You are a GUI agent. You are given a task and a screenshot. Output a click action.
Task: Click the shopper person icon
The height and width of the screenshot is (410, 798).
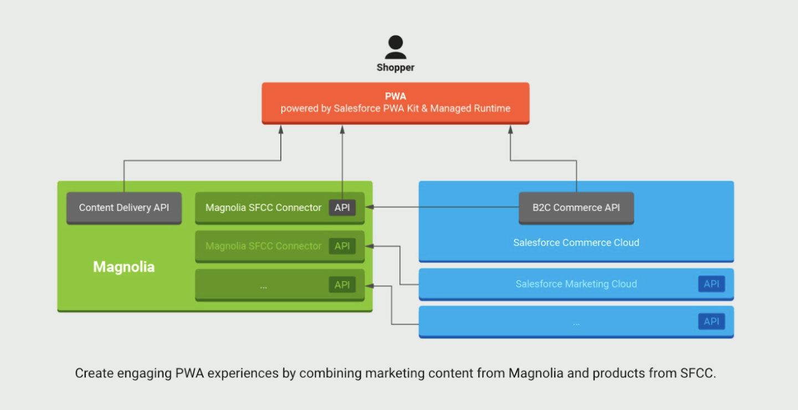[395, 47]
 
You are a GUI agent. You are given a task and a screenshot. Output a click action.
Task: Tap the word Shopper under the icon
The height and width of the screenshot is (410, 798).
[395, 68]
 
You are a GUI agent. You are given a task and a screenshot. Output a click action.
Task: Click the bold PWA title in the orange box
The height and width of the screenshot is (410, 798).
[395, 96]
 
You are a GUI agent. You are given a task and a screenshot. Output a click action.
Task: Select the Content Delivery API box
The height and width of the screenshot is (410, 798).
[124, 208]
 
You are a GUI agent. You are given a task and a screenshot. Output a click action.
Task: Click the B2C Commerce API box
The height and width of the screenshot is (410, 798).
[576, 208]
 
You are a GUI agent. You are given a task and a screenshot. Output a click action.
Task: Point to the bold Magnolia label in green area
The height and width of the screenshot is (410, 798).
[124, 267]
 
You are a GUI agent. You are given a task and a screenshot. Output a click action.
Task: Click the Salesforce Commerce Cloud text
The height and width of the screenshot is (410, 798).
[576, 243]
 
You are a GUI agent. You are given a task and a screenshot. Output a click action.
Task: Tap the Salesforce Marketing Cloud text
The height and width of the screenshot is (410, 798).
[576, 284]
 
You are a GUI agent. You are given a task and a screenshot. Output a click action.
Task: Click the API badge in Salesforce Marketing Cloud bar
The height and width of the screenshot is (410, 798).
[711, 284]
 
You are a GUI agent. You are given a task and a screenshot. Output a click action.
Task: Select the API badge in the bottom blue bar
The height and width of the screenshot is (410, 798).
[711, 321]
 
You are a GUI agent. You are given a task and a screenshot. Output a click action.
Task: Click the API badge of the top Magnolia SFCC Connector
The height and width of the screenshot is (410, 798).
[342, 208]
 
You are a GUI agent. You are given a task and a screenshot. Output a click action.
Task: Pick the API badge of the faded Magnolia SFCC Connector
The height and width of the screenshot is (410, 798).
[342, 246]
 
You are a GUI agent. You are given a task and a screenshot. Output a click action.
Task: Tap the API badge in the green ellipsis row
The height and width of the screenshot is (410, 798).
[342, 285]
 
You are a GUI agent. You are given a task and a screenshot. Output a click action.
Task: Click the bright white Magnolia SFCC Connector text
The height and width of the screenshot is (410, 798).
[263, 208]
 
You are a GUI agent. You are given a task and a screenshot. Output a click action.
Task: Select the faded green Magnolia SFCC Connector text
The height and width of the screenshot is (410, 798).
[263, 246]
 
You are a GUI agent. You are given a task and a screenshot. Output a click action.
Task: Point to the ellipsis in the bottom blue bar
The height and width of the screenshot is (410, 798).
[576, 322]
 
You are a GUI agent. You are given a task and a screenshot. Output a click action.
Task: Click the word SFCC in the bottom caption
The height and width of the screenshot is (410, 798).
[697, 373]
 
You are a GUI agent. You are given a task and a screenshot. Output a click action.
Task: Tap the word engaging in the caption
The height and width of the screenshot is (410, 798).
[145, 373]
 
